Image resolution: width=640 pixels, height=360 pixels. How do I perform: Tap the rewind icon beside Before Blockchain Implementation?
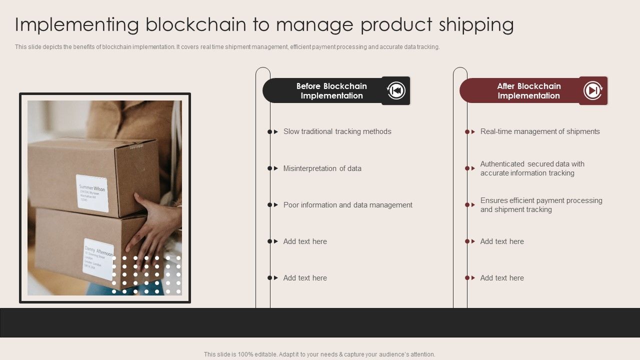click(x=396, y=90)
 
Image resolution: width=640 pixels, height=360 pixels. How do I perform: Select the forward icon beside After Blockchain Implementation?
click(x=593, y=90)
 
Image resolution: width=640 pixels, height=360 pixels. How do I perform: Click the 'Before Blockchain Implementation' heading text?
click(x=331, y=91)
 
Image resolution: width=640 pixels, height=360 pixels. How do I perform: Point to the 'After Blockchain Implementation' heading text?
click(x=528, y=91)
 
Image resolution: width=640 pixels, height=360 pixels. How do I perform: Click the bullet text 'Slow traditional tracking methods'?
click(x=337, y=131)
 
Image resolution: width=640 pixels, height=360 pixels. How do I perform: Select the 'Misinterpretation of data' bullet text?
click(x=322, y=168)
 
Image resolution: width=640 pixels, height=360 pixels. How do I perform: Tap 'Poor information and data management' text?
click(x=347, y=205)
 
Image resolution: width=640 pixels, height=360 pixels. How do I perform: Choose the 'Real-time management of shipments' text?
click(x=540, y=131)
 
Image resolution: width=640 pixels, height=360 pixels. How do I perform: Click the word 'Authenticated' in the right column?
click(x=502, y=164)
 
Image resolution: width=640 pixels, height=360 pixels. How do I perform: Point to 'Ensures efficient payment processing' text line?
click(x=541, y=200)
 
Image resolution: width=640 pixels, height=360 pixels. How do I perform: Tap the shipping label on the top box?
click(x=92, y=193)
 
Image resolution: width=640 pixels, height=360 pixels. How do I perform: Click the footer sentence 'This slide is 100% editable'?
click(x=319, y=354)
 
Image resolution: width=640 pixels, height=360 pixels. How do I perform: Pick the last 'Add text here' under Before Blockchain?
click(x=305, y=278)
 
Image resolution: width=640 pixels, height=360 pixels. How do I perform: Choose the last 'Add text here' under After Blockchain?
click(x=502, y=278)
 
